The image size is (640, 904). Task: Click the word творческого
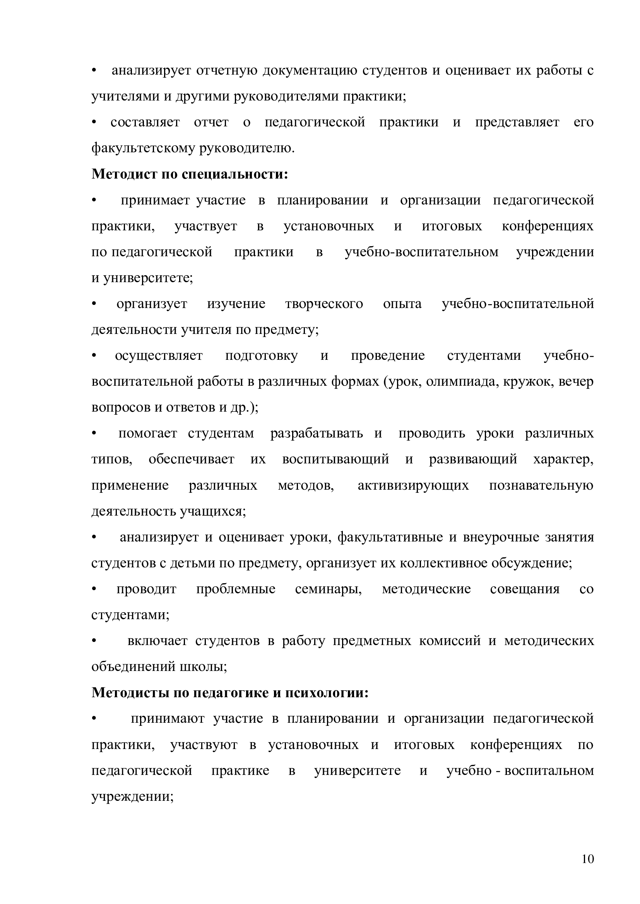click(324, 304)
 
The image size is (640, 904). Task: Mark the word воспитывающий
click(335, 459)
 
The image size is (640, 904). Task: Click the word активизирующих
click(413, 485)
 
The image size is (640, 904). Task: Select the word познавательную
click(541, 485)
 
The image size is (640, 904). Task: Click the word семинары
click(328, 589)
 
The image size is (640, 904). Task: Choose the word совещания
click(525, 589)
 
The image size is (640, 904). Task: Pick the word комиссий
click(450, 640)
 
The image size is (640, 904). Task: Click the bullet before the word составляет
click(94, 123)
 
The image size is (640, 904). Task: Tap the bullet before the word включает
click(94, 641)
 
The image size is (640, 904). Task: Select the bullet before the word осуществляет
click(94, 356)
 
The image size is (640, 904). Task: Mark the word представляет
click(517, 123)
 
